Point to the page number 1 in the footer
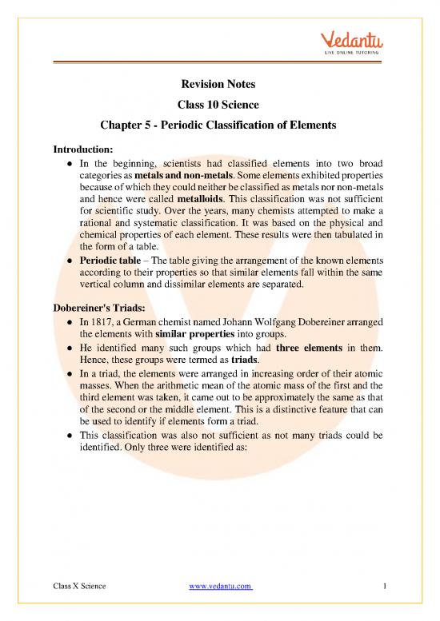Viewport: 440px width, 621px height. click(x=385, y=587)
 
